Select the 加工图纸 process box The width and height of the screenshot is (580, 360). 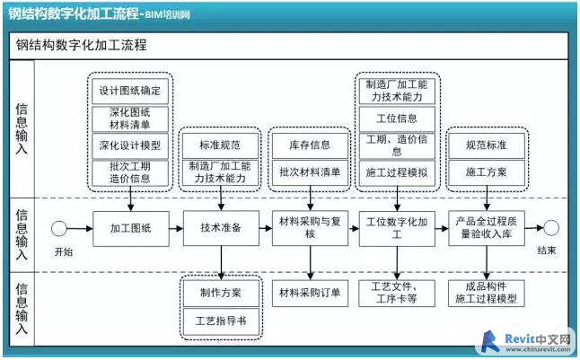point(131,229)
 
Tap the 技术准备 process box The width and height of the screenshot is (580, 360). point(221,228)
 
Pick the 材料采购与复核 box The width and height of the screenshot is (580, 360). point(310,228)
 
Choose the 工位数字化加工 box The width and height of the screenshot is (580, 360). point(397,229)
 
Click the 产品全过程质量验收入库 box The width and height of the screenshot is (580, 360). point(487,228)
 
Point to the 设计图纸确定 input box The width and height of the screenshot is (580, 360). point(130,91)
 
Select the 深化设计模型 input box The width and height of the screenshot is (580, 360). point(130,145)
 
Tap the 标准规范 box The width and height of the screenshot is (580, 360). point(220,145)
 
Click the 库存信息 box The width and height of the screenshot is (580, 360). point(310,145)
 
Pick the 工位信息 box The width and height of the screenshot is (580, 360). point(397,119)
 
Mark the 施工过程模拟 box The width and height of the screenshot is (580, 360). point(397,172)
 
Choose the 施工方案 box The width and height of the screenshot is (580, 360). point(487,172)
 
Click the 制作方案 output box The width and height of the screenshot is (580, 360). point(221,293)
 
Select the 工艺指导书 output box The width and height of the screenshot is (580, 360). point(221,321)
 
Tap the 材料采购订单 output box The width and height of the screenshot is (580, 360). point(310,293)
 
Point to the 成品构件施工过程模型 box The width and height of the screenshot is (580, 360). point(487,293)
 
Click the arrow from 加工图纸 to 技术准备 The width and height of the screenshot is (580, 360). point(176,229)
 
